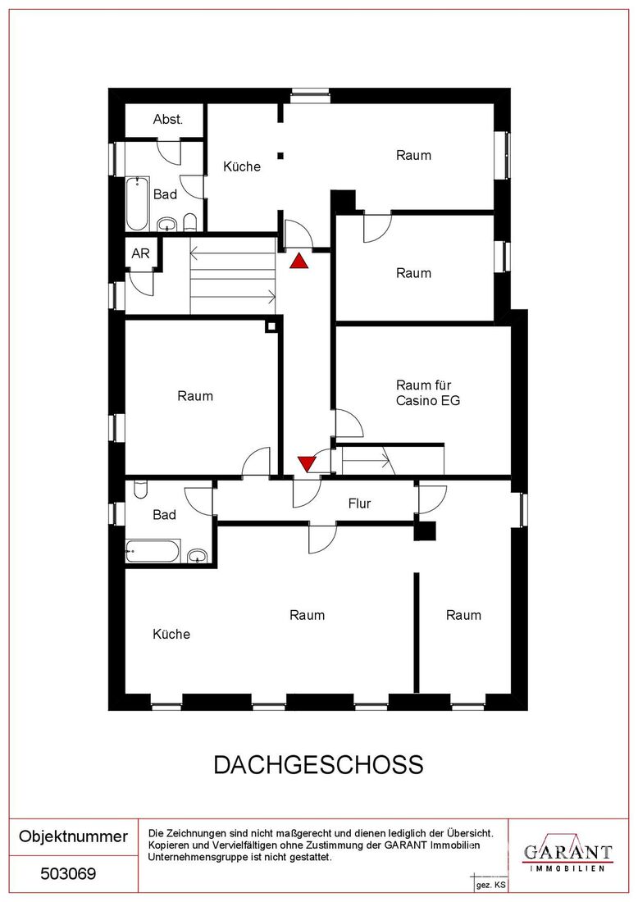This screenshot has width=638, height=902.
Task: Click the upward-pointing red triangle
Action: (x=299, y=262)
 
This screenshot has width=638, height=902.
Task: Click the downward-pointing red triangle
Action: (x=307, y=463)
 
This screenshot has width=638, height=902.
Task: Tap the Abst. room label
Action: (x=168, y=120)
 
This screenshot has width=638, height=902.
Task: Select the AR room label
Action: (x=140, y=253)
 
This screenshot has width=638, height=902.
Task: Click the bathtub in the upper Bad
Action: (x=138, y=204)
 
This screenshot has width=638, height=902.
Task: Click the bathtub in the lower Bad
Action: (x=153, y=550)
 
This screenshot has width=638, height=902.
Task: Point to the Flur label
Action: (x=359, y=504)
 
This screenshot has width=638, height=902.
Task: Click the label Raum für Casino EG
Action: (x=428, y=393)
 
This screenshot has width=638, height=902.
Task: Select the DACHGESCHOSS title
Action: (x=319, y=765)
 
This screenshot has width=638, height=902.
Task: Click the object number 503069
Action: (x=68, y=874)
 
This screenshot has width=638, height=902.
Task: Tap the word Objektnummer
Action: (x=74, y=836)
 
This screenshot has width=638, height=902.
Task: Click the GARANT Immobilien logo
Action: (x=567, y=853)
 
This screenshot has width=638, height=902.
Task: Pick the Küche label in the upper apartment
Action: (x=242, y=166)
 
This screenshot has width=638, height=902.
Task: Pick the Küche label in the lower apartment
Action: (x=171, y=634)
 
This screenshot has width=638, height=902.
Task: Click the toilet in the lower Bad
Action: (x=140, y=490)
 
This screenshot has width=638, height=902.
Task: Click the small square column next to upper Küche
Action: (x=280, y=155)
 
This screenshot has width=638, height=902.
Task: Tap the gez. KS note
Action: (x=490, y=886)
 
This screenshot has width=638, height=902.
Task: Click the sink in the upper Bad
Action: (x=167, y=224)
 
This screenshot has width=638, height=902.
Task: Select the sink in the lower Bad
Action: (x=198, y=555)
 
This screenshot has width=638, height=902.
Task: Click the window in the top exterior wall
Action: (x=309, y=95)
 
